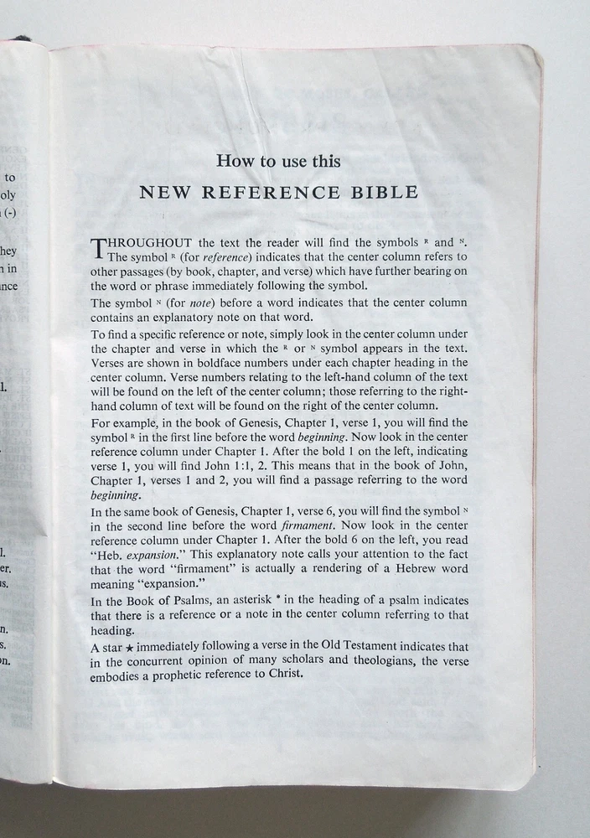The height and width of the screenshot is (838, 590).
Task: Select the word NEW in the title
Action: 159,193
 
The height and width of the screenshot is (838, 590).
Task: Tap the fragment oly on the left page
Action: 8,195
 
